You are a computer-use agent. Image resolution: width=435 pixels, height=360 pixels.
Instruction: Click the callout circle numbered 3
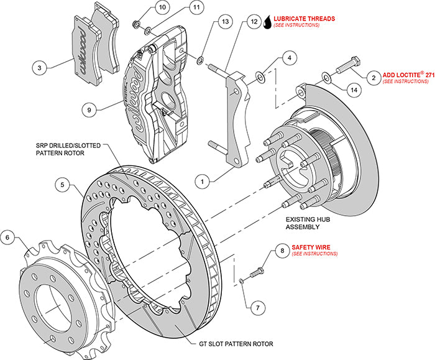39,67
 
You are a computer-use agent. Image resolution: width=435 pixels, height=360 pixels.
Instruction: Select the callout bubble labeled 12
253,22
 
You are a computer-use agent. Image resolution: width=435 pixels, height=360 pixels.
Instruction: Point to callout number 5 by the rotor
62,184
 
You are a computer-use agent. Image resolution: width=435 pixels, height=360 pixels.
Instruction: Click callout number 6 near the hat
7,236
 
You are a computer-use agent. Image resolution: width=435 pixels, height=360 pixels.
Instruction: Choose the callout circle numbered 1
202,182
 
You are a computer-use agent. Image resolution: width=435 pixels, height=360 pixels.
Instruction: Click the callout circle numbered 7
254,307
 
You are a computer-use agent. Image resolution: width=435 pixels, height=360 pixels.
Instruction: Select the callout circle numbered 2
374,78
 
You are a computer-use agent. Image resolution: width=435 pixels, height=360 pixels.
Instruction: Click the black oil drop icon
267,21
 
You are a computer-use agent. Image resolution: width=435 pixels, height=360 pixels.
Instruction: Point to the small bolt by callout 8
256,271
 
